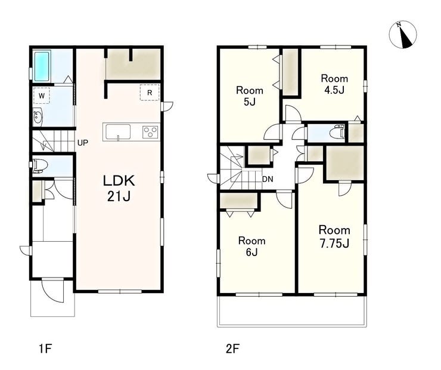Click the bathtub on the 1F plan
(x=42, y=66)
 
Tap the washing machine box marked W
(x=42, y=95)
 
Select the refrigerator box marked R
(x=150, y=92)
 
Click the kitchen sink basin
(x=118, y=132)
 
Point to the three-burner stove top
(x=150, y=132)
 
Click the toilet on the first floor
(x=38, y=166)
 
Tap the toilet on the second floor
(x=338, y=132)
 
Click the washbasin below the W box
(x=38, y=117)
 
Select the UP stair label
(x=83, y=143)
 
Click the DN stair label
(x=268, y=179)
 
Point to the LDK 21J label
(x=119, y=189)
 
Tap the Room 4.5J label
(x=334, y=84)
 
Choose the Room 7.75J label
(x=334, y=237)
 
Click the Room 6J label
(x=251, y=246)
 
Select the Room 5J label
(x=250, y=96)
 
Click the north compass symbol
(x=403, y=35)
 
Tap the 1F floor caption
(x=45, y=349)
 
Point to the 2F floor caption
(x=232, y=349)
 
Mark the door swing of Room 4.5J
(x=293, y=113)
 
